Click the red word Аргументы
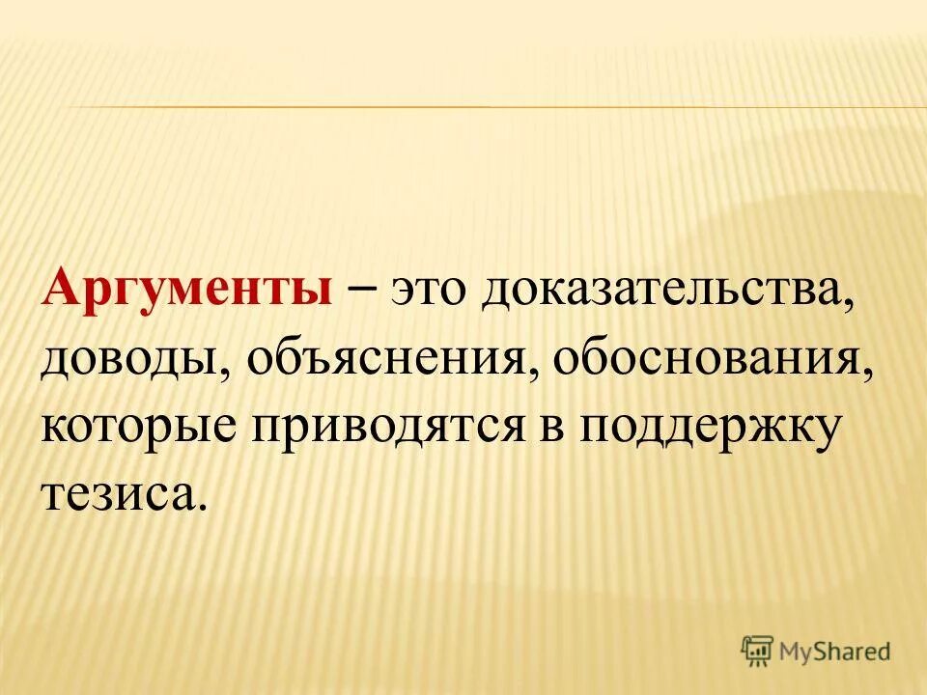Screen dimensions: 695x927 pos(185,291)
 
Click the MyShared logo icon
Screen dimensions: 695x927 pos(759,650)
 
